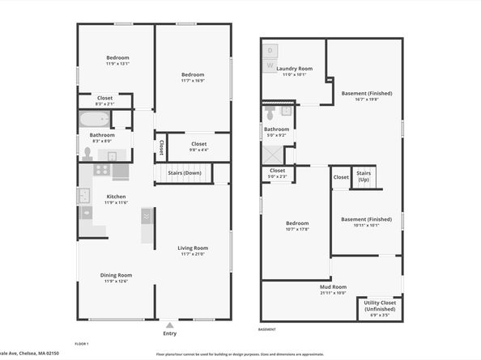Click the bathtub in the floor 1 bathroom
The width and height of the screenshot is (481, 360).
click(x=94, y=120)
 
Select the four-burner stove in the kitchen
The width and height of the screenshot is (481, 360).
click(x=101, y=170)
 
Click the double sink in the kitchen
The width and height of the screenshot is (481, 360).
click(x=84, y=196)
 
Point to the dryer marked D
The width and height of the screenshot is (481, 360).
click(x=270, y=50)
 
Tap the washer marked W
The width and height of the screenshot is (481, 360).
click(x=270, y=64)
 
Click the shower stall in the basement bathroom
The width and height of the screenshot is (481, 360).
click(x=275, y=153)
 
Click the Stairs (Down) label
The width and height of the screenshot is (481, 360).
click(x=185, y=173)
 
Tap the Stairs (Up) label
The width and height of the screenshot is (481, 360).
click(x=363, y=176)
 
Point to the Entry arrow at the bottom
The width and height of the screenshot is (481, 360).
click(x=169, y=324)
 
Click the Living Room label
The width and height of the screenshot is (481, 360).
click(x=193, y=248)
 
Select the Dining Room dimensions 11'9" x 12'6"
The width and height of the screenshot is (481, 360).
click(x=117, y=281)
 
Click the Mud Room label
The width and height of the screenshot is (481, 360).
click(x=333, y=286)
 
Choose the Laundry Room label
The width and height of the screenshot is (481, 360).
click(x=294, y=69)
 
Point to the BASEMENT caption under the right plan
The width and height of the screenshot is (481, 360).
click(x=266, y=329)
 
